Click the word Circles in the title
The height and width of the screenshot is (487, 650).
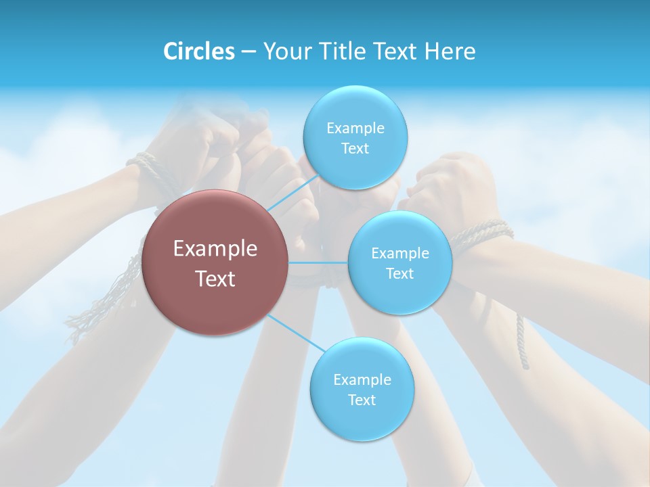(198, 51)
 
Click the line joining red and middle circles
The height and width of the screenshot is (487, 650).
(318, 262)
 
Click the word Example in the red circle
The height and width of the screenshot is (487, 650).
(215, 249)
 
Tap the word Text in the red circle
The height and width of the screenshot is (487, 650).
(215, 279)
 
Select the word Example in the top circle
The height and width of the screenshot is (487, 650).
(355, 129)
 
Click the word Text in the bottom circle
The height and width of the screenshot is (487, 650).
(362, 400)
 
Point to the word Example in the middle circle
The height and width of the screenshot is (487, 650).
(400, 254)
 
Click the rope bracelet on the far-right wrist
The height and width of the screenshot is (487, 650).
(482, 234)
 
